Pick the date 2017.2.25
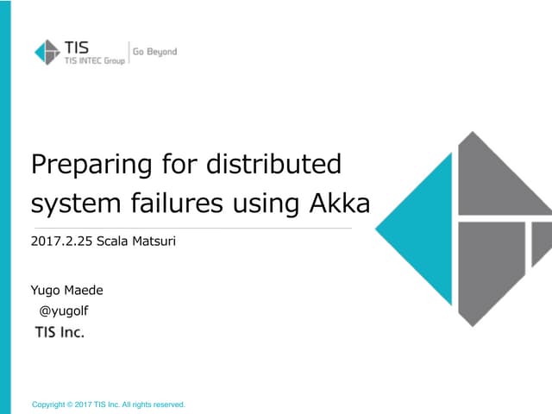coord(60,241)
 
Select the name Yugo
coord(45,291)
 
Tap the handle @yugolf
coord(66,311)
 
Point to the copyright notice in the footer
coord(108,404)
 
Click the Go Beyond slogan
coord(154,52)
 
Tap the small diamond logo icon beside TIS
coord(47,53)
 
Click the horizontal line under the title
coord(191,229)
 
